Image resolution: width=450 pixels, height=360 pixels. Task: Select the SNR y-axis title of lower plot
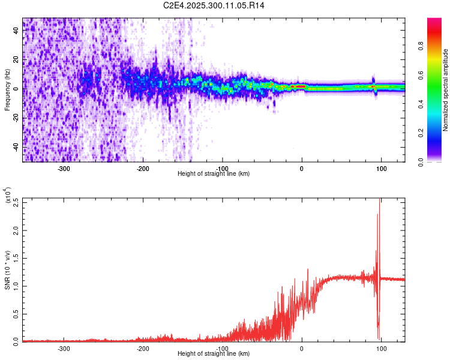[x=7, y=271]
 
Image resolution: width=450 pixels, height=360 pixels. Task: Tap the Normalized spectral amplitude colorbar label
[x=446, y=90]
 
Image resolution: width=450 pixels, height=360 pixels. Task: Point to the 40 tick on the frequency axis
[x=17, y=31]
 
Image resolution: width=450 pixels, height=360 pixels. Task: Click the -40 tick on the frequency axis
[x=17, y=147]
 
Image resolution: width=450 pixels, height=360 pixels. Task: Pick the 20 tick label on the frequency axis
[x=17, y=60]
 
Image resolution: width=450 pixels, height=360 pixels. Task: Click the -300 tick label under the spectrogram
[x=64, y=168]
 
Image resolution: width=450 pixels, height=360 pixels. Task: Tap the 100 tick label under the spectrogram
[x=381, y=168]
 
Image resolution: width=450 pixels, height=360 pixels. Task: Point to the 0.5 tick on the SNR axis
[x=16, y=313]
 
